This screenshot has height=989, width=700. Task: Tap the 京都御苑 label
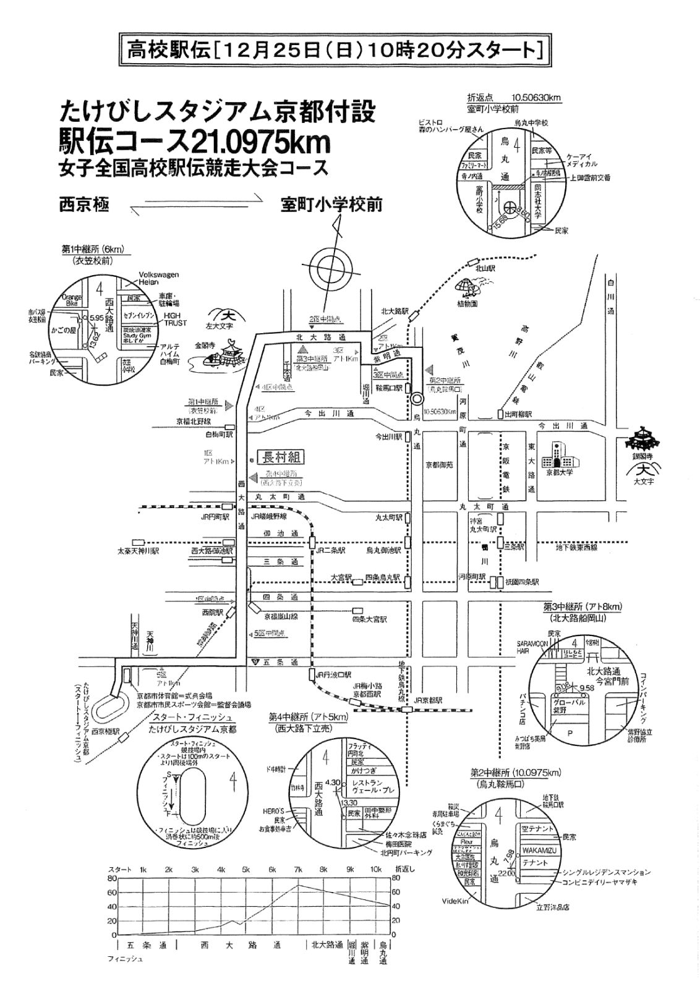[438, 464]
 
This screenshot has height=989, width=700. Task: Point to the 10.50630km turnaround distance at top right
[536, 97]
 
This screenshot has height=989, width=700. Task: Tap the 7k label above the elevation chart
[298, 870]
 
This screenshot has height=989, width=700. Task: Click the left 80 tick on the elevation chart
[112, 878]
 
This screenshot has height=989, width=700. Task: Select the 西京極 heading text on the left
[83, 205]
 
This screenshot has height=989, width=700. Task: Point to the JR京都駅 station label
[429, 700]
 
